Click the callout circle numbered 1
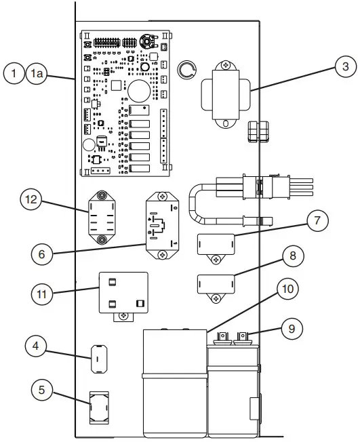pos(15,74)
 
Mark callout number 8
pos(293,257)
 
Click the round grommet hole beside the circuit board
pos(186,69)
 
